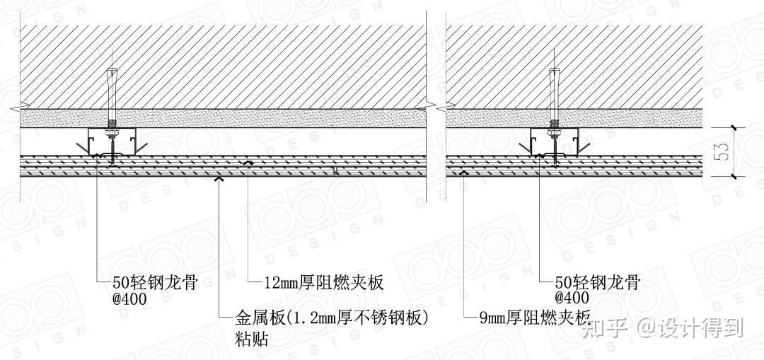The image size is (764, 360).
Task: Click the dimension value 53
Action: point(722,152)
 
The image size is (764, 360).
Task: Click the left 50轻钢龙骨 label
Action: point(154,283)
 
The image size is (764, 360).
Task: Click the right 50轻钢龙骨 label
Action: point(598,283)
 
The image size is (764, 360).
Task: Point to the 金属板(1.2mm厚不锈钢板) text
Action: point(332,318)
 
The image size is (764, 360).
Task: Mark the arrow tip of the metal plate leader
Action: point(220,178)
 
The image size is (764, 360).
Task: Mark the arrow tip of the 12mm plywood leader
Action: point(248,163)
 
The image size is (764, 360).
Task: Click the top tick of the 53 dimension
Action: point(735,127)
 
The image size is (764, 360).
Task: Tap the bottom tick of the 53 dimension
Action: point(735,176)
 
